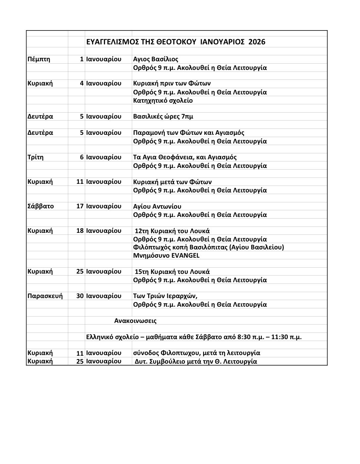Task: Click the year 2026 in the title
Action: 257,42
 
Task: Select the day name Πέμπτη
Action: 39,59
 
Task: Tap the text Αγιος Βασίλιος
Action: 156,59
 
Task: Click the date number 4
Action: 81,83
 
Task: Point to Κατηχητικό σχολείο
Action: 163,100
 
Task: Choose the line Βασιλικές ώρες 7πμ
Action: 163,117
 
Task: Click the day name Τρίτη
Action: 35,157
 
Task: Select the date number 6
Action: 81,157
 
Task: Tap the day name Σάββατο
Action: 40,206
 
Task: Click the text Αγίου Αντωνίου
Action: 157,206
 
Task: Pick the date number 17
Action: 80,206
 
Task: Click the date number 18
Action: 80,231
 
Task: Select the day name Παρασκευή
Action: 45,296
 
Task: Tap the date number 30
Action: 80,296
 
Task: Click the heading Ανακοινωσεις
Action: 135,321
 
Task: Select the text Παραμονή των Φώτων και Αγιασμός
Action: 188,133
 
